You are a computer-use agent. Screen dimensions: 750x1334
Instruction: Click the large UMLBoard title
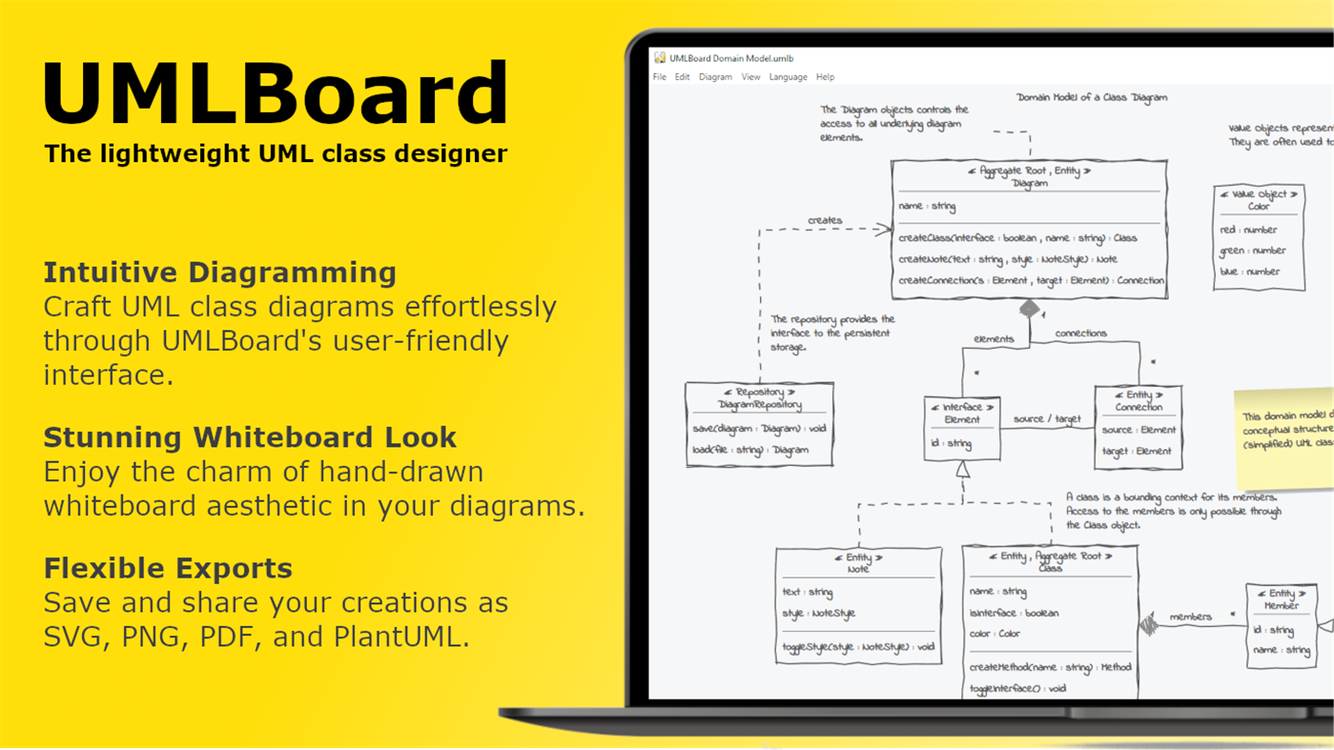[x=276, y=93]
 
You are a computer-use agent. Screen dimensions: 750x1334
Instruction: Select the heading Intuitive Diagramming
[x=219, y=273]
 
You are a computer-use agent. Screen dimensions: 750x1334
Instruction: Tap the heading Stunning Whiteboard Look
[x=250, y=437]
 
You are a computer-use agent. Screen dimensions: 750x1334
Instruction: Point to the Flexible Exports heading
[x=168, y=568]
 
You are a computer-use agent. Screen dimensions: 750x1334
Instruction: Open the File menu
[x=659, y=77]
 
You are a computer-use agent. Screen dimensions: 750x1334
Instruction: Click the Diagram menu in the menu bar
[x=715, y=77]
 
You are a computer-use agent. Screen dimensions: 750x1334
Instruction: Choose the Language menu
[x=788, y=77]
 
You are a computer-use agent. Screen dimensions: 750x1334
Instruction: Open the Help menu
[x=825, y=77]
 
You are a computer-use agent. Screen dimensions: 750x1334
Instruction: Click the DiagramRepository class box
[x=759, y=424]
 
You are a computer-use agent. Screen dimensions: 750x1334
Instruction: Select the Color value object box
[x=1259, y=236]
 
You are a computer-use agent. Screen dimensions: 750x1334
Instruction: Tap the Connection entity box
[x=1138, y=426]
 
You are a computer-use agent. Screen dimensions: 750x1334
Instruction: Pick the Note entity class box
[x=858, y=603]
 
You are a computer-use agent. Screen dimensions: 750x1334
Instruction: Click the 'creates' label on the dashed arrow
[x=825, y=220]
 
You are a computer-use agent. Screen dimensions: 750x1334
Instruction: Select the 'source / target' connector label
[x=1047, y=418]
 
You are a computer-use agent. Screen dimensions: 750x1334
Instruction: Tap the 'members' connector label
[x=1190, y=617]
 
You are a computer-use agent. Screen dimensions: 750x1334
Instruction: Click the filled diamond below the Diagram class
[x=1029, y=309]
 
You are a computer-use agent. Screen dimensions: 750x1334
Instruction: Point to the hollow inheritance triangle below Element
[x=963, y=469]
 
